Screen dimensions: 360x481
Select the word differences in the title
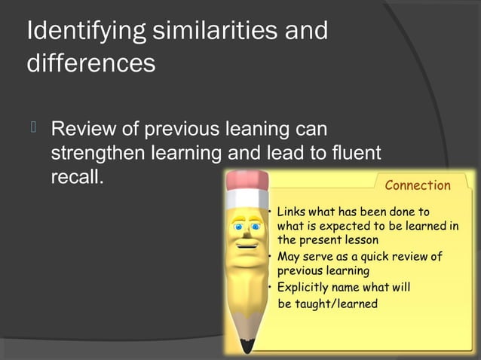click(x=91, y=63)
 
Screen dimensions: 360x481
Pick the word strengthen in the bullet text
click(x=100, y=154)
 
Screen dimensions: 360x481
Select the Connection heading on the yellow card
click(x=417, y=185)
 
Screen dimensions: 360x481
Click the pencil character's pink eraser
click(x=246, y=182)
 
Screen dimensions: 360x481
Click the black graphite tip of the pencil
click(x=247, y=346)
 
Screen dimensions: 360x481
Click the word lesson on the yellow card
click(x=358, y=240)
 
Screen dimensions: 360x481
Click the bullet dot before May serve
click(x=271, y=257)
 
